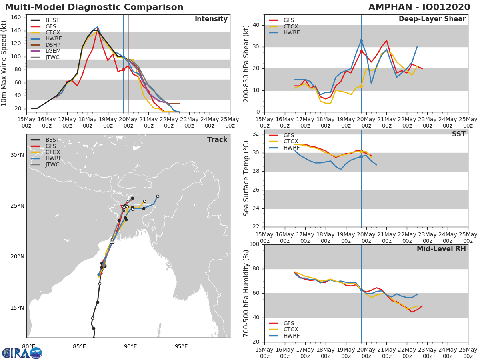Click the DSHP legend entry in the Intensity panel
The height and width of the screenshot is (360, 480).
(46, 45)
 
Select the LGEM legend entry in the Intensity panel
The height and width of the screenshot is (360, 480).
(46, 51)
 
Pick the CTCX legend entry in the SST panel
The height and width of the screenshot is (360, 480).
(284, 142)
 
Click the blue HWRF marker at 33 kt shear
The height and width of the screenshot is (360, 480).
(361, 41)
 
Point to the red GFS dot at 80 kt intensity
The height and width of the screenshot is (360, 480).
(123, 70)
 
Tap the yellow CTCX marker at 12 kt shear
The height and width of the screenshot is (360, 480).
(361, 86)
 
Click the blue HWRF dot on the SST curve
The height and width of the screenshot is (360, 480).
(361, 156)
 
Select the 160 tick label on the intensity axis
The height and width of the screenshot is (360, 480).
(16, 18)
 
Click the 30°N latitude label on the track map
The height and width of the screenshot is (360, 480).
(17, 155)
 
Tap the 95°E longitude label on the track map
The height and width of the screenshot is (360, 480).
(181, 347)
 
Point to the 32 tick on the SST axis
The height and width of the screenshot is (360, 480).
(256, 134)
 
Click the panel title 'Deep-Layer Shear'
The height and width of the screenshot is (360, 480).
(432, 19)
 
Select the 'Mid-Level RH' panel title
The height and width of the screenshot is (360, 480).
(441, 249)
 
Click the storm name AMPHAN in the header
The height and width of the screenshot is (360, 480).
(390, 7)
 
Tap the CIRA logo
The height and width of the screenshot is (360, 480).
(22, 353)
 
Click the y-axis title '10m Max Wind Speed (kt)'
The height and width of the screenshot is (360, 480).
(3, 64)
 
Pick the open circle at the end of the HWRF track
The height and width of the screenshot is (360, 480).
(158, 196)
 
